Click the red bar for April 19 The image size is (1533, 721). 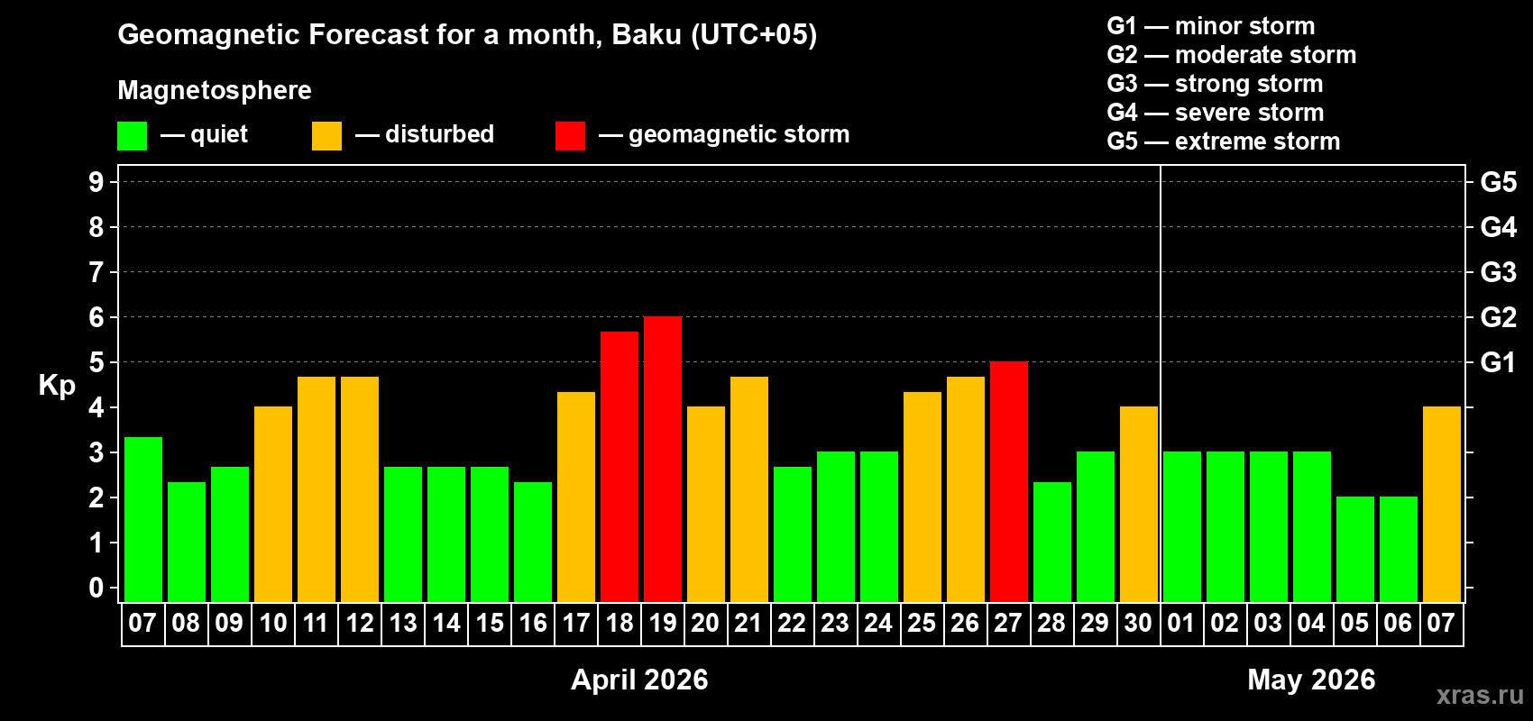tap(663, 459)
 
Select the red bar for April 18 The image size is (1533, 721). tap(620, 466)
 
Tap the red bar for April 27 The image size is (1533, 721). tap(1009, 481)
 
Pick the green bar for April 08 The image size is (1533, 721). tap(187, 542)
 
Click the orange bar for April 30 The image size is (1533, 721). tap(1139, 504)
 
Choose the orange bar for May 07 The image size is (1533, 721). tap(1442, 504)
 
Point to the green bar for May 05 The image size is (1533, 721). tap(1355, 549)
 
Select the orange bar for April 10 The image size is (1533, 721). tap(273, 504)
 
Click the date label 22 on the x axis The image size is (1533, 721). tap(792, 623)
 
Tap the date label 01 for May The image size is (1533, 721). tap(1181, 623)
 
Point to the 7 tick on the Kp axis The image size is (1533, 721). tap(96, 272)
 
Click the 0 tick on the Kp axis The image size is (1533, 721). tap(96, 588)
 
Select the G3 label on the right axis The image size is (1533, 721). tap(1498, 272)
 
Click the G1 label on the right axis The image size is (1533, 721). tap(1498, 362)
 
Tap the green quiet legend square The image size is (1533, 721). tap(133, 136)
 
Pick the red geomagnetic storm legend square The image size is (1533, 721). tap(570, 136)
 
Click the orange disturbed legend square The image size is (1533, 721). tap(326, 136)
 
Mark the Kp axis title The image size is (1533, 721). tap(57, 385)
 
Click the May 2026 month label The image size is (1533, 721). tap(1311, 680)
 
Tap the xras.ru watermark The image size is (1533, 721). tap(1480, 694)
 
